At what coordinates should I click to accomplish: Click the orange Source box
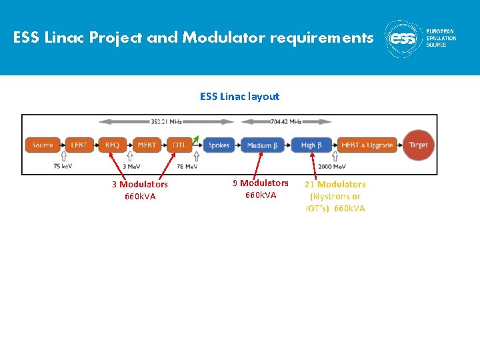coord(43,145)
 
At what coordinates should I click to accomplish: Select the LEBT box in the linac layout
coord(79,145)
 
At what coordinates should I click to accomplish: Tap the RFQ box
coord(112,145)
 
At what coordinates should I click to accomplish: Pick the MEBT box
coord(146,145)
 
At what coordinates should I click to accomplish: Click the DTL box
coord(179,145)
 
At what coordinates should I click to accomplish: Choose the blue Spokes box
coord(219,145)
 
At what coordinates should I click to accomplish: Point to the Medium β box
coord(260,145)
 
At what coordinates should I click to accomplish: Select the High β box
coord(309,145)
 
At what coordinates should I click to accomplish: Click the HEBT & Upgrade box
coord(366,145)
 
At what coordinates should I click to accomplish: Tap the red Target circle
coord(418,145)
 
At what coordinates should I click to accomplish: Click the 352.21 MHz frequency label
coord(167,122)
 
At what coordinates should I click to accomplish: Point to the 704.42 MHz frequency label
coord(286,122)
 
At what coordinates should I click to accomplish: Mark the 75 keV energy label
coord(63,167)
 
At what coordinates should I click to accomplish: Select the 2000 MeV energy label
coord(332,167)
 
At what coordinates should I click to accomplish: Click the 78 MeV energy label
coord(187,167)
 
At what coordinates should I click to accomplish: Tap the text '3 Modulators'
coord(140,184)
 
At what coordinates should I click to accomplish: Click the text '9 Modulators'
coord(261,183)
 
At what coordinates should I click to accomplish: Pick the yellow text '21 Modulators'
coord(335,184)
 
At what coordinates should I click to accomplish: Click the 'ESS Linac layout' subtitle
coord(239,97)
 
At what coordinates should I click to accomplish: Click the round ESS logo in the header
coord(403,39)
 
